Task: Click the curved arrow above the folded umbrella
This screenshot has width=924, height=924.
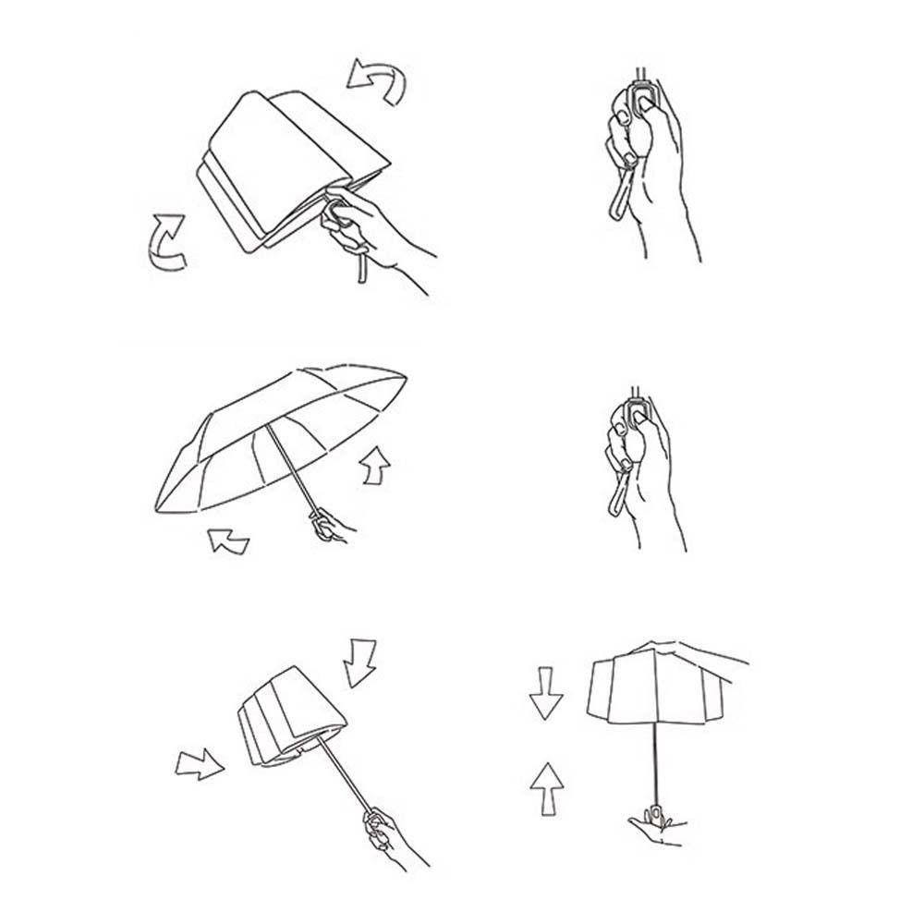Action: point(377,81)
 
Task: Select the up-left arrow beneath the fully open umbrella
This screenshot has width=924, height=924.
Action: point(227,541)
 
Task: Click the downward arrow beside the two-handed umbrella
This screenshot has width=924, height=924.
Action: point(546,696)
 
